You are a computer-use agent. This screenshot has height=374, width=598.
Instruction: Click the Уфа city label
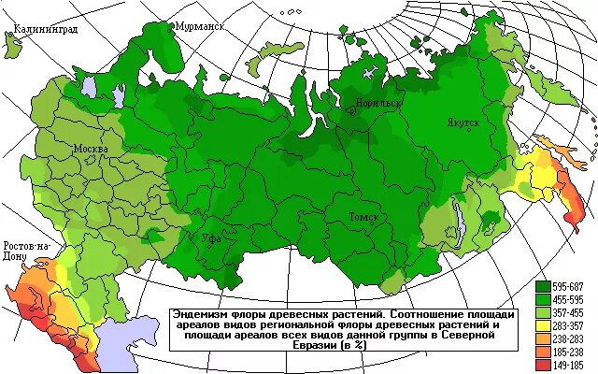coord(212,238)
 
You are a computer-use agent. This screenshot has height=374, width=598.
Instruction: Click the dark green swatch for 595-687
coord(544,284)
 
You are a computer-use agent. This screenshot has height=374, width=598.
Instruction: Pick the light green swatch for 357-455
coord(544,312)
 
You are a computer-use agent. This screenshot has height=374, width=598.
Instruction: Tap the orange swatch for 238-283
coord(544,339)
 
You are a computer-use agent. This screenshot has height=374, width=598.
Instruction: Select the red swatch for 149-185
coord(544,367)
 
